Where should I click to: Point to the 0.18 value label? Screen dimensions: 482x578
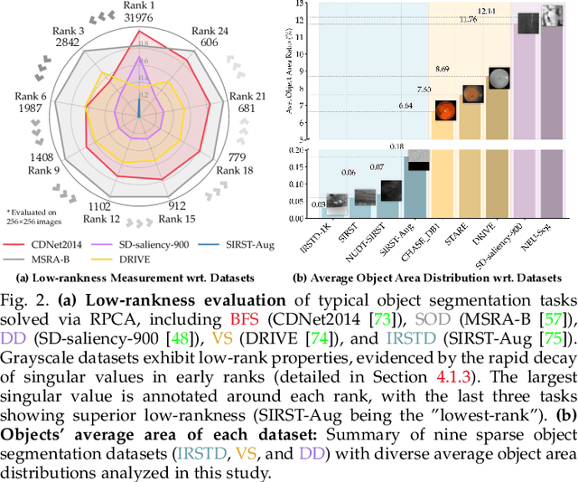pos(420,146)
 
